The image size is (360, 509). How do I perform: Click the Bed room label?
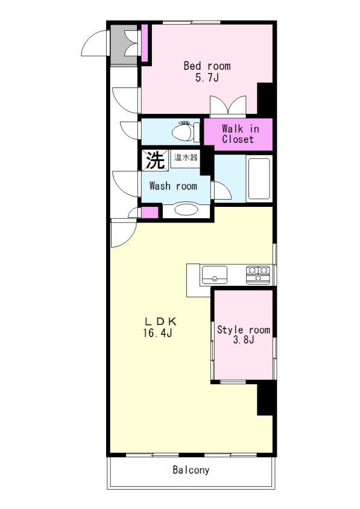click(207, 66)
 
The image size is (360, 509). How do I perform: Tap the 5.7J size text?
click(207, 78)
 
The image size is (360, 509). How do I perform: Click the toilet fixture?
click(186, 131)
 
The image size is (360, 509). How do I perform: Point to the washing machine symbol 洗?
click(155, 160)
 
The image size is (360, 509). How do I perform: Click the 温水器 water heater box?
click(186, 158)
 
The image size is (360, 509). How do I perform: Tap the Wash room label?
click(173, 186)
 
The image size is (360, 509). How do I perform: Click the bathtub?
click(259, 179)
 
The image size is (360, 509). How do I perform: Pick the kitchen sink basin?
click(214, 274)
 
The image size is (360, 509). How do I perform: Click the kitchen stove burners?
click(258, 274)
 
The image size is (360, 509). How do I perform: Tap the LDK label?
click(160, 321)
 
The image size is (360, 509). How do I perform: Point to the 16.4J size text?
click(157, 333)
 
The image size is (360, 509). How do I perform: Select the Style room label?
click(244, 330)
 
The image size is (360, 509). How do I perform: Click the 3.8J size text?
click(244, 340)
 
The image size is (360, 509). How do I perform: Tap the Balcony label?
click(191, 470)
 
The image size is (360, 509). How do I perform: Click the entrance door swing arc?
click(87, 39)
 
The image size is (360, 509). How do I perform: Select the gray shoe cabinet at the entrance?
click(124, 45)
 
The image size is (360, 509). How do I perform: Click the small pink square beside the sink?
click(150, 212)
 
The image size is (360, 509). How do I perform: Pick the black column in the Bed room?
click(265, 98)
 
